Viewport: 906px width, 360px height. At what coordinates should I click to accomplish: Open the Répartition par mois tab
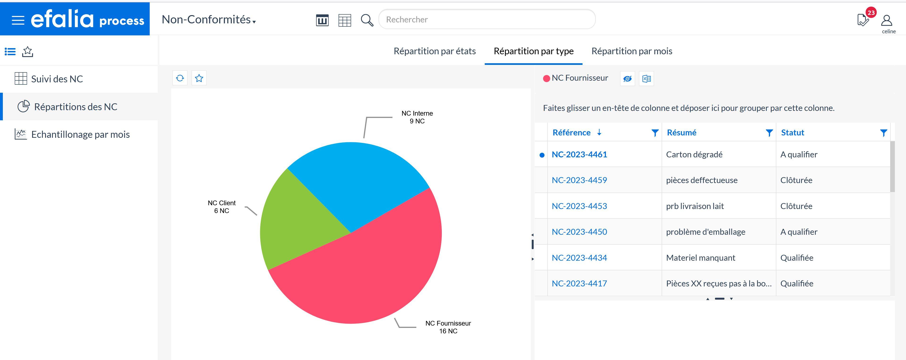tap(632, 51)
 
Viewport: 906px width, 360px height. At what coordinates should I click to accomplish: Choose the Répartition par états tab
tap(434, 51)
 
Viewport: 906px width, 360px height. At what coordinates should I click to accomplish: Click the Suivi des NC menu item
tap(57, 79)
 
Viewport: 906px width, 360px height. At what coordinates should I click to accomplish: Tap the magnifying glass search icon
tap(367, 20)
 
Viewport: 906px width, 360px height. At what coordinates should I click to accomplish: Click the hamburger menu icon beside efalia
tap(18, 20)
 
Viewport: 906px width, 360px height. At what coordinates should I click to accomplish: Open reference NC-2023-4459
tap(579, 180)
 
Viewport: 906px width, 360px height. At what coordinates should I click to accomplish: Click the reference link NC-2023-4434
tap(579, 258)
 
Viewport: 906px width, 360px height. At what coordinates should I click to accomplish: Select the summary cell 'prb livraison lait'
tap(695, 206)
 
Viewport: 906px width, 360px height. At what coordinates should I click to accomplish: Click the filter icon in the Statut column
tap(883, 133)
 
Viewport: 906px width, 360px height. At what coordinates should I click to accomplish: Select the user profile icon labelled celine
tap(887, 21)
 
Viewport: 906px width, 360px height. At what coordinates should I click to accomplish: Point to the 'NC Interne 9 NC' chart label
tap(417, 117)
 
